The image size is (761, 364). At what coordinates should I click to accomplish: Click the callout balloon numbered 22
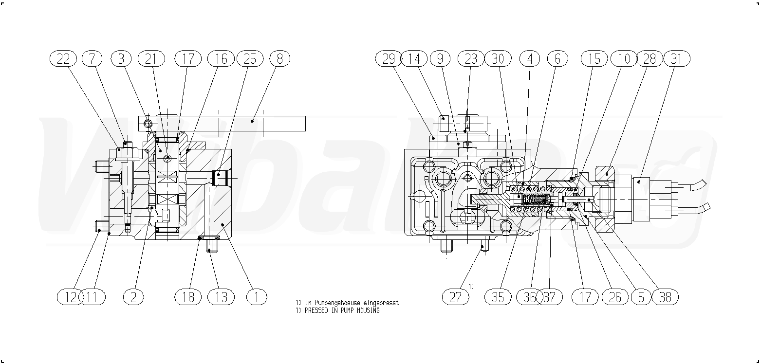pyautogui.click(x=63, y=59)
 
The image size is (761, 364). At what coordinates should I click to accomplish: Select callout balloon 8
pyautogui.click(x=280, y=59)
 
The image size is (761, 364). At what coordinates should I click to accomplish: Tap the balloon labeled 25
pyautogui.click(x=250, y=59)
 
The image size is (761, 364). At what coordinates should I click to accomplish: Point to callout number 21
pyautogui.click(x=151, y=59)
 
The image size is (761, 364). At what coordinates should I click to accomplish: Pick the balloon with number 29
pyautogui.click(x=389, y=59)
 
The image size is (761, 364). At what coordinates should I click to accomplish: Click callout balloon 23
pyautogui.click(x=471, y=59)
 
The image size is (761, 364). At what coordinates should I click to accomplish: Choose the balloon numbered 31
pyautogui.click(x=676, y=59)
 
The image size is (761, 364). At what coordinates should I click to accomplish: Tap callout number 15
pyautogui.click(x=594, y=59)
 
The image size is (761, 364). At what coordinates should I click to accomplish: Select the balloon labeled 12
pyautogui.click(x=71, y=297)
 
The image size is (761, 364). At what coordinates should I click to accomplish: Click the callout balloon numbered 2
pyautogui.click(x=133, y=297)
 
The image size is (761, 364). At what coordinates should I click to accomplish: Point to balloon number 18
pyautogui.click(x=188, y=297)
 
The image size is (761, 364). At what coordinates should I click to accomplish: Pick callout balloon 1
pyautogui.click(x=257, y=297)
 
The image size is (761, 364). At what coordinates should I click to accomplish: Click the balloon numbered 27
pyautogui.click(x=456, y=297)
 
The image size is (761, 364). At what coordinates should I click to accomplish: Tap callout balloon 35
pyautogui.click(x=498, y=297)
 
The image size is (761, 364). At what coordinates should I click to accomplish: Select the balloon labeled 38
pyautogui.click(x=665, y=297)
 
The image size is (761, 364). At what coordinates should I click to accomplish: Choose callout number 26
pyautogui.click(x=615, y=297)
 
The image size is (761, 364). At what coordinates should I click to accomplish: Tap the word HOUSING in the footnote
pyautogui.click(x=368, y=310)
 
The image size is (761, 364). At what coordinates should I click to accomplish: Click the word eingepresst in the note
pyautogui.click(x=381, y=303)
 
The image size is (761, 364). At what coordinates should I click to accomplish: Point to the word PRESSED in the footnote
pyautogui.click(x=316, y=310)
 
